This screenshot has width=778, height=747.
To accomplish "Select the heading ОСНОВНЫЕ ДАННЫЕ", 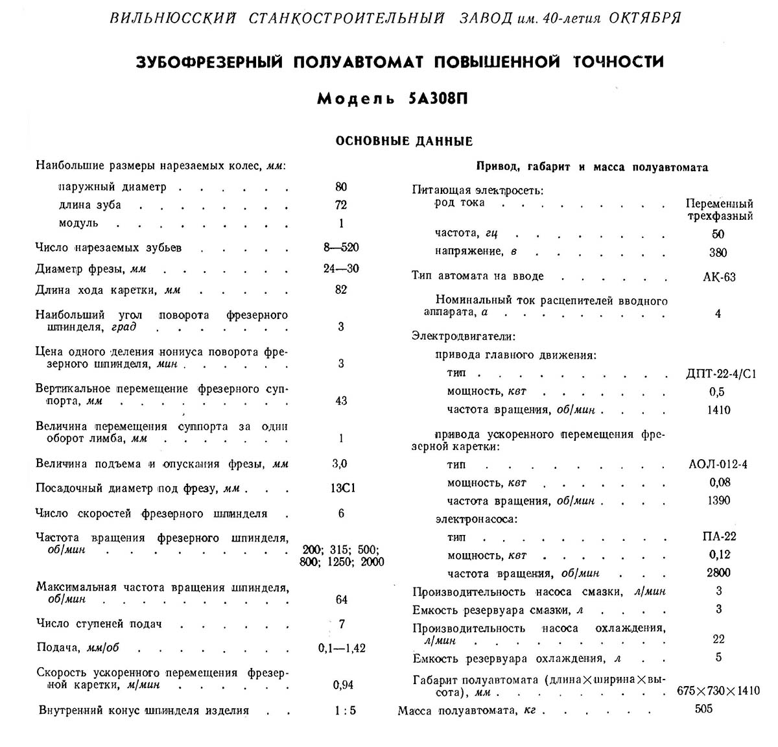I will (404, 141).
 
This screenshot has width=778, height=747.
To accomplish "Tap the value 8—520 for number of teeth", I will (342, 248).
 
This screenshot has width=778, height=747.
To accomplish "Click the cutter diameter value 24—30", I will (342, 268).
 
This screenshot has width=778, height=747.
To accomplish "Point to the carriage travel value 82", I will (342, 290).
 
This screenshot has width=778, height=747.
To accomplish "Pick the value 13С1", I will (342, 488).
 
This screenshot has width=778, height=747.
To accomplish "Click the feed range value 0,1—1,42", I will (342, 648).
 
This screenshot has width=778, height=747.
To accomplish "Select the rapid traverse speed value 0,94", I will (342, 685).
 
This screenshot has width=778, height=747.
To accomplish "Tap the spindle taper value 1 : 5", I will (345, 710).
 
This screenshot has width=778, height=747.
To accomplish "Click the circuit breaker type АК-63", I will (719, 277).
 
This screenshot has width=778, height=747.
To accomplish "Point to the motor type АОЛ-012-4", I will (718, 464).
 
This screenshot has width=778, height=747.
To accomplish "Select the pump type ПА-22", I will (719, 536).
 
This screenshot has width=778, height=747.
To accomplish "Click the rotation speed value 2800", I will (718, 573).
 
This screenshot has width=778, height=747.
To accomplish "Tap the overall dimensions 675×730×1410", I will (718, 691).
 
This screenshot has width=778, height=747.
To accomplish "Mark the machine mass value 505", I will (703, 709).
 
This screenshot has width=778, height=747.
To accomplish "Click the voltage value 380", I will (718, 253).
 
